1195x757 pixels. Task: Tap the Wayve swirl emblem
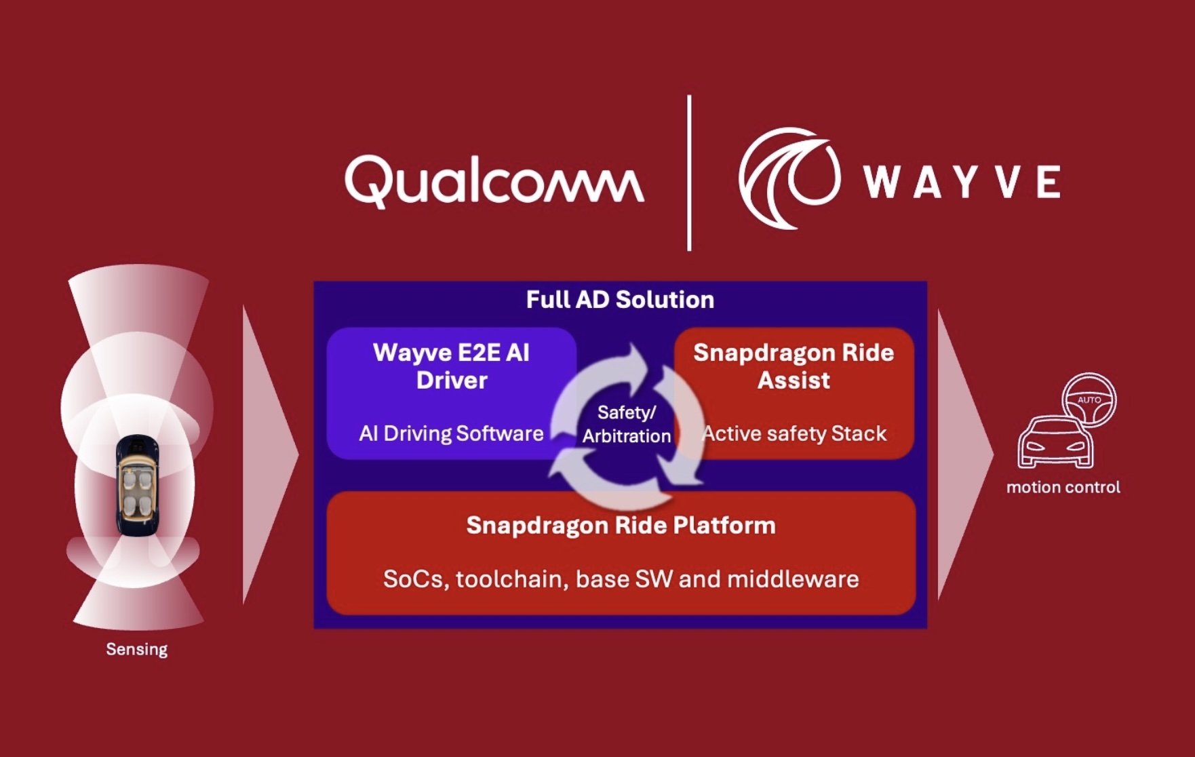(x=789, y=178)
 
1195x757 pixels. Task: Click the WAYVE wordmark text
(x=962, y=182)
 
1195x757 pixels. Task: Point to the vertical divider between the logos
(x=689, y=173)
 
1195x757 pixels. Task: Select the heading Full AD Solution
(x=620, y=300)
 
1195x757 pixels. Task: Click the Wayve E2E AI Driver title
(x=451, y=366)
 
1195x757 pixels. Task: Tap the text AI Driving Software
(x=451, y=433)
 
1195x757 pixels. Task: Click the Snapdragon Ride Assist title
(x=794, y=366)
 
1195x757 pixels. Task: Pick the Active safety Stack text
(x=794, y=433)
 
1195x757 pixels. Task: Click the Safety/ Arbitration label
(x=626, y=424)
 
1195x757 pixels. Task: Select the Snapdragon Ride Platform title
(x=621, y=526)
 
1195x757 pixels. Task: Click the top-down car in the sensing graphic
(x=137, y=486)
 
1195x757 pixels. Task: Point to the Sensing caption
(x=136, y=649)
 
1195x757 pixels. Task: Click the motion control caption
(x=1063, y=487)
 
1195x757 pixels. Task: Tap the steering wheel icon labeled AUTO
(x=1089, y=400)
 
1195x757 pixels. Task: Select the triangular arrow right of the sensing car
(x=268, y=454)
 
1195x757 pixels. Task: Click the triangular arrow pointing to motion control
(x=963, y=454)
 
